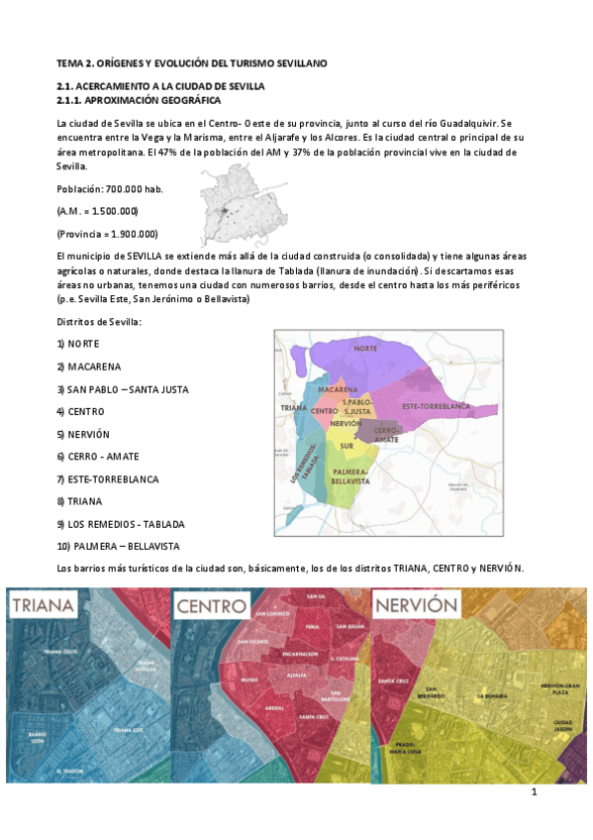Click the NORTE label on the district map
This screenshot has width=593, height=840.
(x=365, y=349)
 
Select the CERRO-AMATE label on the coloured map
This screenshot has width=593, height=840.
(x=387, y=433)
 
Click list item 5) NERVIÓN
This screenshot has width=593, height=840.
(x=82, y=434)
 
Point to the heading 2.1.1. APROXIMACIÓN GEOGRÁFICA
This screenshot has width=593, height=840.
(x=139, y=101)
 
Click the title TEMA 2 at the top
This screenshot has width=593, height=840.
(x=191, y=62)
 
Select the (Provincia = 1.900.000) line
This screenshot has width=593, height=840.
(x=107, y=234)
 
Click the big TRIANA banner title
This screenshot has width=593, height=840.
(x=45, y=606)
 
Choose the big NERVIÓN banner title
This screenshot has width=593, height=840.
(x=416, y=605)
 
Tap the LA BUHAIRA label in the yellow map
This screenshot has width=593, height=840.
(x=492, y=696)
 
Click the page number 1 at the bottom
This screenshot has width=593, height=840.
(x=535, y=791)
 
